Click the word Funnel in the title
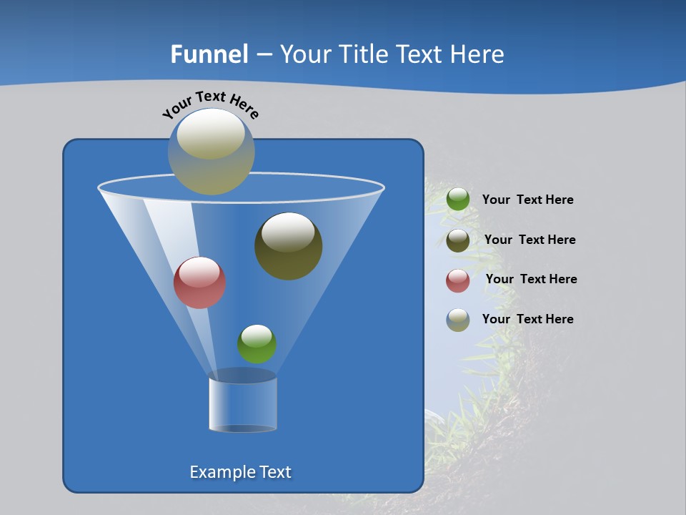coord(209,54)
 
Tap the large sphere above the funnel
coord(211,152)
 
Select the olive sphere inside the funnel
coord(289,246)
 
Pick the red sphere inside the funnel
coord(199,283)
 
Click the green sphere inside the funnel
coord(257,344)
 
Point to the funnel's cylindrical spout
coord(243,404)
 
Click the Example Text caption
coord(240,472)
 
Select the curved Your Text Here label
coord(211,104)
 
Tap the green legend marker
coord(458,200)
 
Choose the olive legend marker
coord(458,240)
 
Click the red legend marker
coord(458,280)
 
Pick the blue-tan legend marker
coord(458,320)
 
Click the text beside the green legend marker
coord(527,200)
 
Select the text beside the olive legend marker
coord(530,240)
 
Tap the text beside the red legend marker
coord(531,280)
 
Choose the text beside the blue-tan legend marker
coord(527,320)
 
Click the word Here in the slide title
coord(478,54)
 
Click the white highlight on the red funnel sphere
coord(199,272)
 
